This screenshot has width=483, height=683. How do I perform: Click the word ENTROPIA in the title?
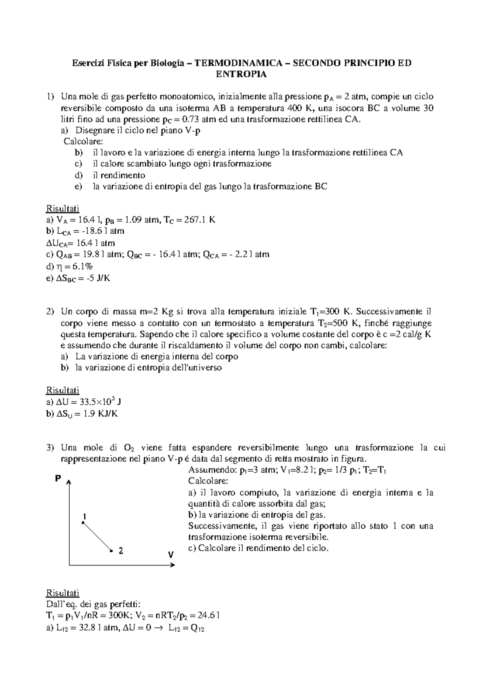pos(242,74)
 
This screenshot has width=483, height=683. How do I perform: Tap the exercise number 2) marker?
pos(50,312)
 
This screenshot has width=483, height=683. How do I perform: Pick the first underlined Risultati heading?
pos(62,209)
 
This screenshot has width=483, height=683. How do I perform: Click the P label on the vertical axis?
pos(58,479)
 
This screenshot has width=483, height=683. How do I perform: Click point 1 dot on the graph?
pos(83,523)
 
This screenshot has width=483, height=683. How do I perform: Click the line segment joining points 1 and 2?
pos(97,537)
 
